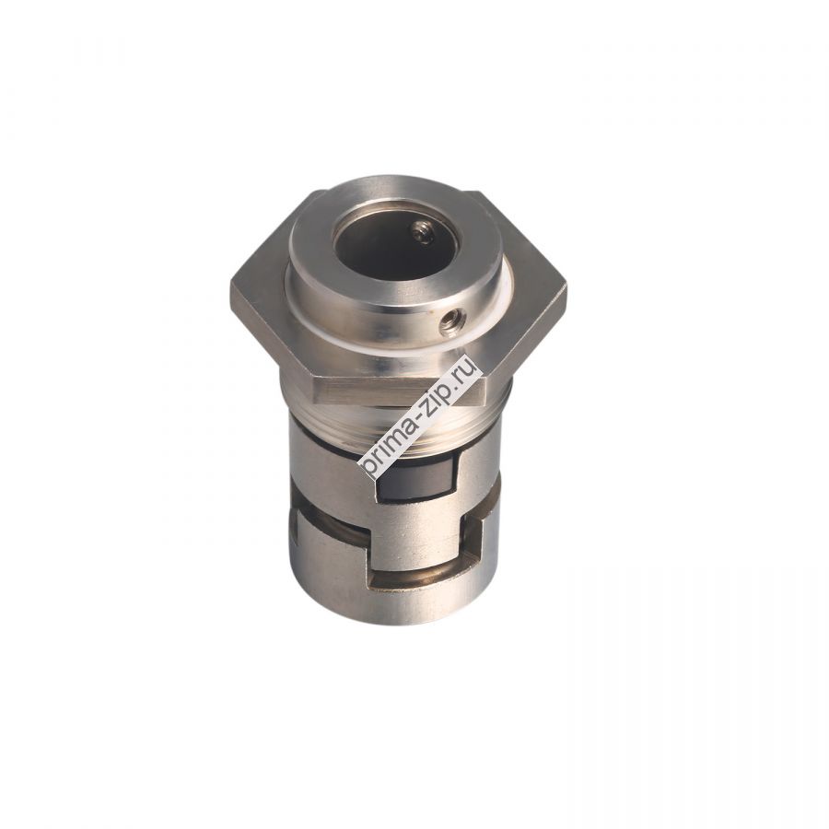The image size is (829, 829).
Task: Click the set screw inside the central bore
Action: (423, 235)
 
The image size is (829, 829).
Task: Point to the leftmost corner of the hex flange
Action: (232, 293)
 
